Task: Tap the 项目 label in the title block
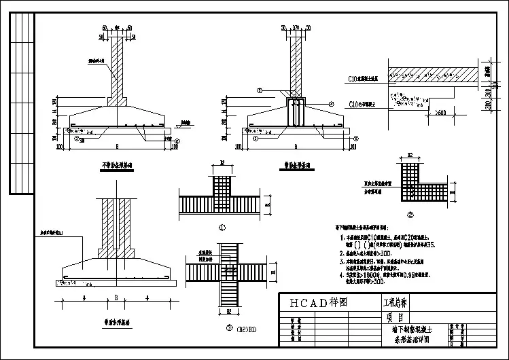(395, 317)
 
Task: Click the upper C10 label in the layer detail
(354, 79)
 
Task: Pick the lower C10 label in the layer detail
(354, 104)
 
